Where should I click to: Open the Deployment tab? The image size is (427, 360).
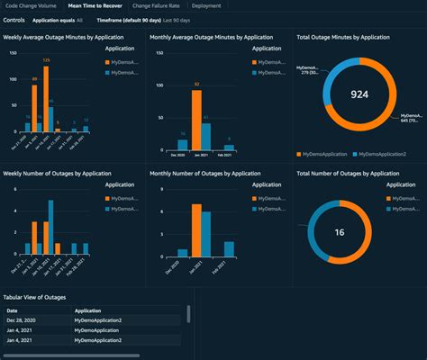coord(206,5)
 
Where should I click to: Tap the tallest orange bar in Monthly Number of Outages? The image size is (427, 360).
coord(195,231)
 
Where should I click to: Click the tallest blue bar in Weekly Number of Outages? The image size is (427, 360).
coord(51,229)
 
